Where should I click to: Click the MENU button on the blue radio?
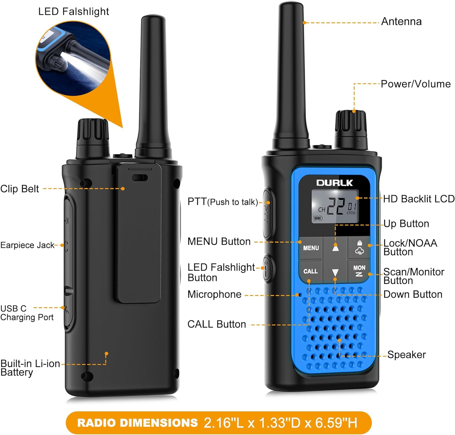coord(311,248)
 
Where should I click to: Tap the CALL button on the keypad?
coord(310,271)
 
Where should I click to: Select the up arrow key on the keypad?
coord(335,248)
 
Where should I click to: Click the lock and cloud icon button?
coord(359,248)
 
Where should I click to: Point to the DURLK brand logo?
coord(335,183)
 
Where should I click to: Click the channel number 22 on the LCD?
coord(335,207)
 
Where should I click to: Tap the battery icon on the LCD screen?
coord(318,218)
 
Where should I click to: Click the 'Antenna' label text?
coord(401,22)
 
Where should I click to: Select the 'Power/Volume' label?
coord(416,84)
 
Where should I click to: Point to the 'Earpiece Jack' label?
coord(27,245)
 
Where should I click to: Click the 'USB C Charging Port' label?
coord(27,313)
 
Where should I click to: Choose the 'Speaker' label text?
coord(406,355)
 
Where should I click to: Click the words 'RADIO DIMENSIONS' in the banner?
coord(137,423)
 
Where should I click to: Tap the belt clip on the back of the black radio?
coord(139,234)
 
